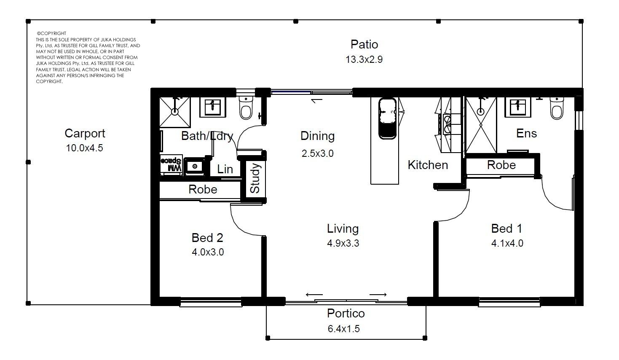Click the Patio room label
(364, 45)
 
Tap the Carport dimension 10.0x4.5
(85, 148)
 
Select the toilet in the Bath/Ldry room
(246, 108)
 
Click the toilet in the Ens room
(557, 108)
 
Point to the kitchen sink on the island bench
(388, 118)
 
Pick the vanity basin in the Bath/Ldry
(212, 107)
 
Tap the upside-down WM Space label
(171, 164)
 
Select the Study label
(255, 178)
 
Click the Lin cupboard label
(225, 169)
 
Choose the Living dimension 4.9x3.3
(343, 243)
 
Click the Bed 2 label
(207, 238)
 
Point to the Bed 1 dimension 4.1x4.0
(507, 243)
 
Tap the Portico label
(346, 313)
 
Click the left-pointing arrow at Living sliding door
(314, 295)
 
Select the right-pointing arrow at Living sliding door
(378, 295)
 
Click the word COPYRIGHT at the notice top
(53, 33)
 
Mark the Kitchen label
(428, 165)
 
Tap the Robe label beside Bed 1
(501, 165)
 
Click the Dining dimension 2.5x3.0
(318, 153)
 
